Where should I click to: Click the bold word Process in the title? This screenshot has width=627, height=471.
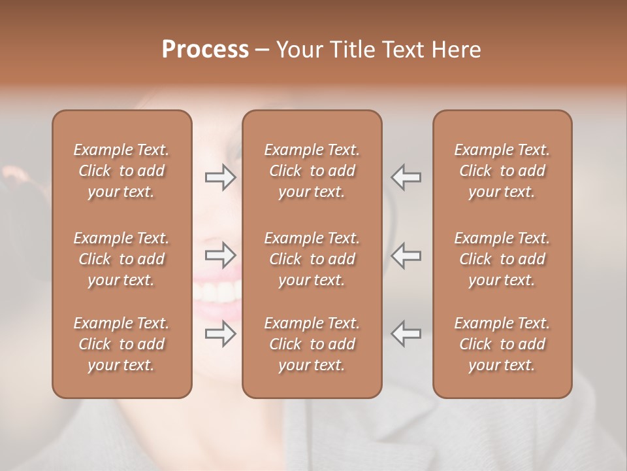coord(205,50)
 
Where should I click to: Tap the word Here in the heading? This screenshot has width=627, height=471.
coord(455,50)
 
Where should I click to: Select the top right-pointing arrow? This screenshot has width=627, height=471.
coord(221,177)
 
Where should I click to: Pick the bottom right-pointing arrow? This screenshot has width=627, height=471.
coord(221,334)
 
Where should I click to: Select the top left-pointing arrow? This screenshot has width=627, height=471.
coord(406,177)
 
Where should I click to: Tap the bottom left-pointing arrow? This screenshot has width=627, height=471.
coord(406,334)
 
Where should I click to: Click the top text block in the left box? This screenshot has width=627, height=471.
coord(121,171)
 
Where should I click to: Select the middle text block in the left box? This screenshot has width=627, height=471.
coord(121,259)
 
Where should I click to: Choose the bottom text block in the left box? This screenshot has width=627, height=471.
coord(121,344)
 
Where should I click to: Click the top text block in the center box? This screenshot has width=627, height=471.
coord(312,171)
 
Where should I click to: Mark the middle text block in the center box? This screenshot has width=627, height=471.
coord(312,259)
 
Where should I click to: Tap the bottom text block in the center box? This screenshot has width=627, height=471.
coord(312,344)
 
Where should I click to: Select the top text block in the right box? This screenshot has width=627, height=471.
coord(502,171)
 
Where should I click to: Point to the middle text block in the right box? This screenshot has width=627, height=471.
coord(502,259)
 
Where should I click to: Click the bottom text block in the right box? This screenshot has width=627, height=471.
coord(502,344)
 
